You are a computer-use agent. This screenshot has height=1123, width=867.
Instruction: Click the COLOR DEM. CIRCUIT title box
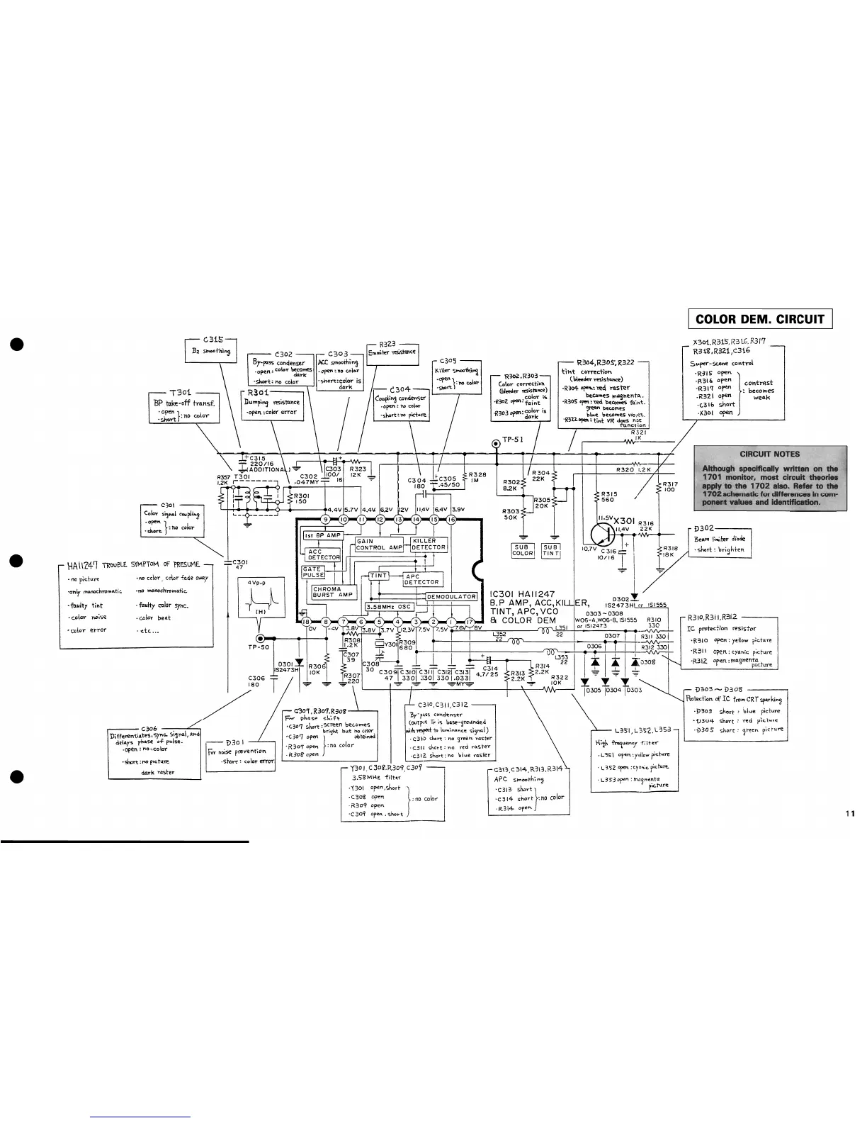pos(760,319)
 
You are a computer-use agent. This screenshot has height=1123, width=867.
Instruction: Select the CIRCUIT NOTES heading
pos(769,454)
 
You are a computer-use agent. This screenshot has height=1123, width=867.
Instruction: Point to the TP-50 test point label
pos(259,647)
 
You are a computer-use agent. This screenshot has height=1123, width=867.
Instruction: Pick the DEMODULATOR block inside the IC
pos(451,596)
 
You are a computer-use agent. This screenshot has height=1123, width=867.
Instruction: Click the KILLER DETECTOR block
pos(429,544)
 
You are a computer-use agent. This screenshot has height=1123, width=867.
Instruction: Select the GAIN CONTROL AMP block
pos(379,544)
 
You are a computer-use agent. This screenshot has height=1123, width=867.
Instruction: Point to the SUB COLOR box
pos(522,550)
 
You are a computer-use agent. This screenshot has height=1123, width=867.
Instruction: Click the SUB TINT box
pos(551,550)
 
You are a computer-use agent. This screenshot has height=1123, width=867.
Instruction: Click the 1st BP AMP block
pos(324,535)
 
